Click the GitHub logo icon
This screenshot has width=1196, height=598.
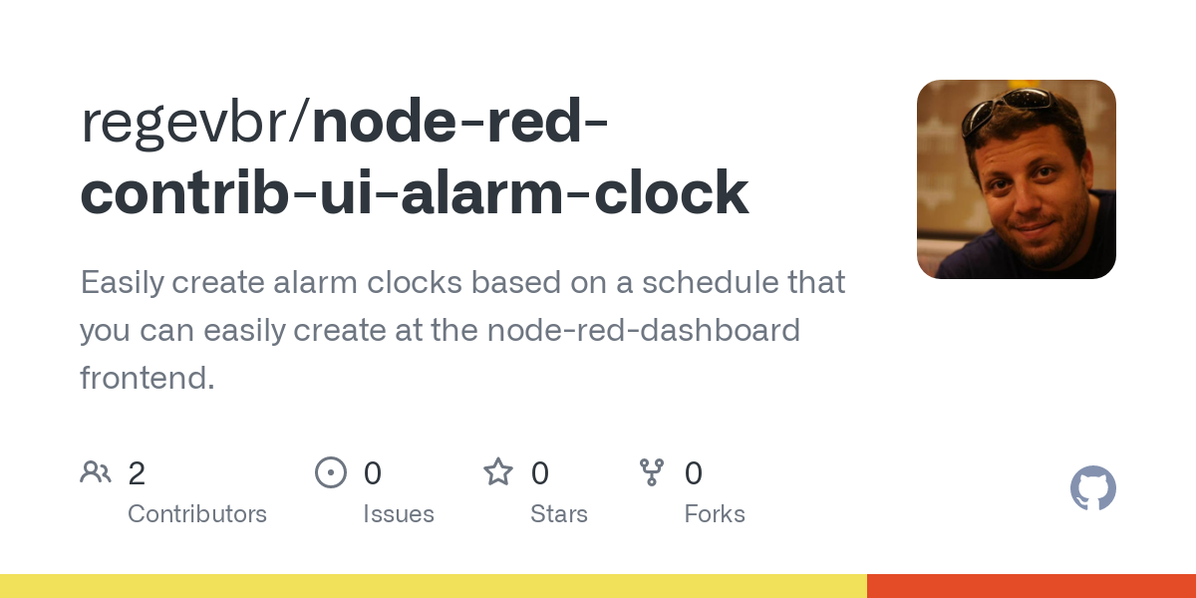pyautogui.click(x=1092, y=488)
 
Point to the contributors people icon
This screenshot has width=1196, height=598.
pyautogui.click(x=96, y=471)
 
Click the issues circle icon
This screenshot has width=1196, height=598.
pyautogui.click(x=331, y=472)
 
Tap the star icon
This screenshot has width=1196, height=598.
pyautogui.click(x=498, y=471)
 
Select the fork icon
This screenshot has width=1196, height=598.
pyautogui.click(x=652, y=472)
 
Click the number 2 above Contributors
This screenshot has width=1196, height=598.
pyautogui.click(x=137, y=473)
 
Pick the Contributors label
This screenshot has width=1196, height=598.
pyautogui.click(x=197, y=514)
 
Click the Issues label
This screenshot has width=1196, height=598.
pyautogui.click(x=399, y=514)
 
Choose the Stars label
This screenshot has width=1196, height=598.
pyautogui.click(x=559, y=514)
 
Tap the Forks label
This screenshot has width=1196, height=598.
pyautogui.click(x=715, y=514)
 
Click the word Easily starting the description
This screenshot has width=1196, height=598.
pyautogui.click(x=122, y=283)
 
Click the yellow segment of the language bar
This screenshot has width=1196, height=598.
pyautogui.click(x=434, y=586)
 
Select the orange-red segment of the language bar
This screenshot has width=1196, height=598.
pyautogui.click(x=1032, y=586)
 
